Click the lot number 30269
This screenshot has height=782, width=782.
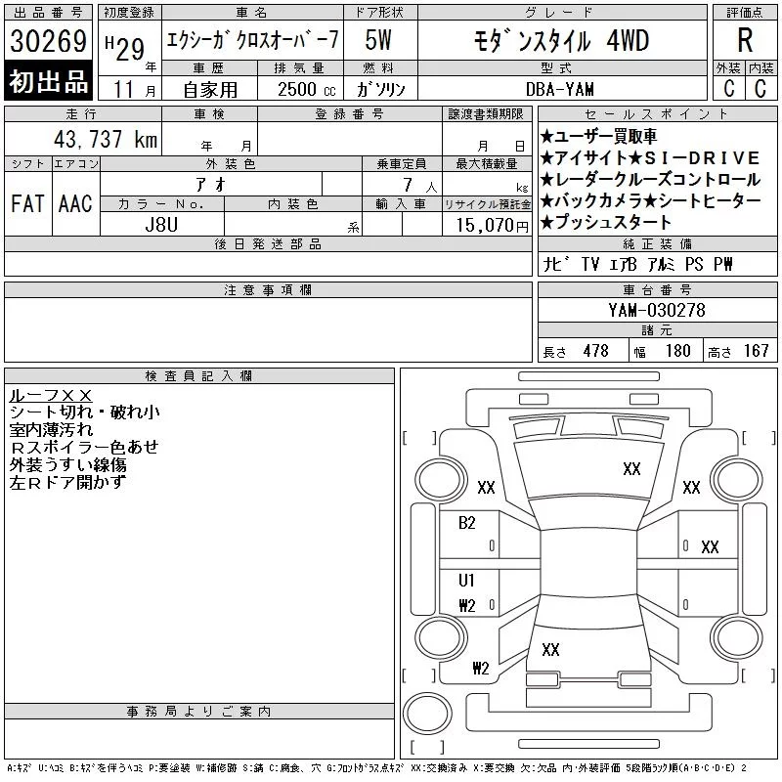(48, 41)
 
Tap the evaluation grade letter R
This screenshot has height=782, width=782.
(745, 40)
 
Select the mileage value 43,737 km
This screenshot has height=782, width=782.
(106, 139)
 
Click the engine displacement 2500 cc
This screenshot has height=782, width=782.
(307, 89)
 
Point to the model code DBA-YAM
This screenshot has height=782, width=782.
(560, 89)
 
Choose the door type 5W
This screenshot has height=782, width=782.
(378, 40)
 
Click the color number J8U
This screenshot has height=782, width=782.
(161, 225)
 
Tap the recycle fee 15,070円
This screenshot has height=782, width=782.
(493, 226)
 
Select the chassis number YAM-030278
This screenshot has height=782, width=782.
(657, 310)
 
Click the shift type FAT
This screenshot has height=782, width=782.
(27, 203)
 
